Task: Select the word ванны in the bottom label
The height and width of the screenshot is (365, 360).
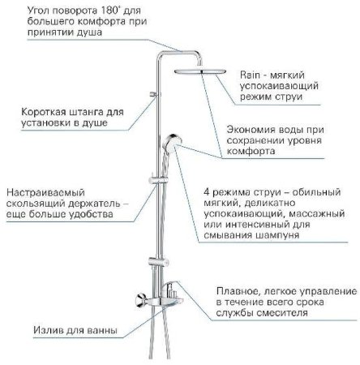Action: [x=115, y=331]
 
